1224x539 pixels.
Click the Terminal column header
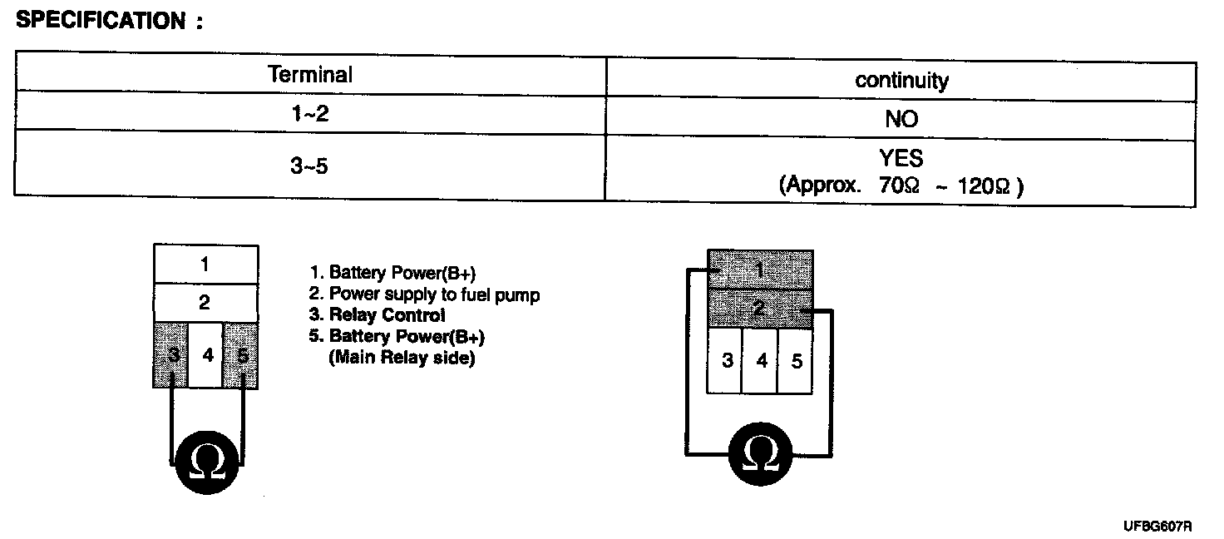pos(310,75)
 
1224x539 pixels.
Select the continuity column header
pos(901,80)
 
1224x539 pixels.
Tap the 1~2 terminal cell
pos(310,113)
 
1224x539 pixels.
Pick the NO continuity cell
pos(901,119)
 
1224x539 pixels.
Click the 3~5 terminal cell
pos(310,166)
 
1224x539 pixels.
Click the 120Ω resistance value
pos(985,185)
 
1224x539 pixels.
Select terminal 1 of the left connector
pos(205,265)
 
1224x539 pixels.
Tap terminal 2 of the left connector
pos(205,303)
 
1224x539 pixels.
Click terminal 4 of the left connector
pos(207,355)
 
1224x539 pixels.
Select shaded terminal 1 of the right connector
pos(759,270)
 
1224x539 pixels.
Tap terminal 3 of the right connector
pos(726,362)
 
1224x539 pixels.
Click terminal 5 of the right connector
pos(796,362)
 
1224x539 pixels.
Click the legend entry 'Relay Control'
pos(377,315)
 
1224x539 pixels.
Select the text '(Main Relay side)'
pos(402,359)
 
